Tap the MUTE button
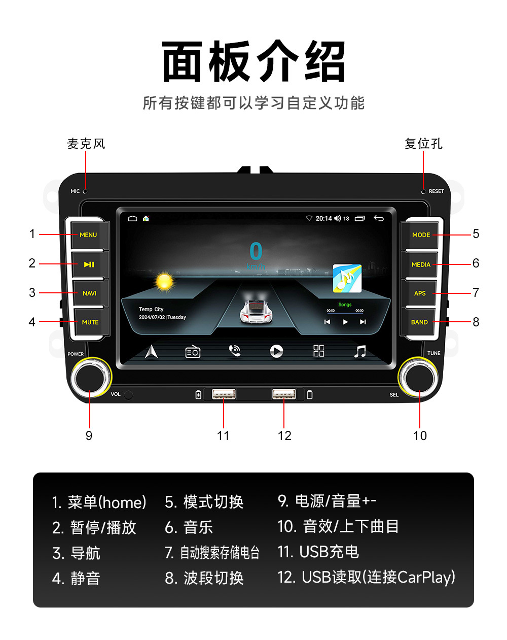(x=90, y=322)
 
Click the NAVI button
(x=90, y=293)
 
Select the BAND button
(x=419, y=322)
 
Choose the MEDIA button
(x=420, y=264)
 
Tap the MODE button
(x=421, y=235)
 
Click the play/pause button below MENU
(x=89, y=264)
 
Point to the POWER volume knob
(x=91, y=377)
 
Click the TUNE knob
(x=419, y=377)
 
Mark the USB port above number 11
(x=224, y=394)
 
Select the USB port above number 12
(x=284, y=394)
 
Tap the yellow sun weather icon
(x=164, y=281)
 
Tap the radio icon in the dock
(x=193, y=351)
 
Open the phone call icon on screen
(x=234, y=351)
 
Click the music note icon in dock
(x=360, y=351)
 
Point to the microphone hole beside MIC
(x=85, y=191)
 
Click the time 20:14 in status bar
(x=323, y=218)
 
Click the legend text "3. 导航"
(x=77, y=553)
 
